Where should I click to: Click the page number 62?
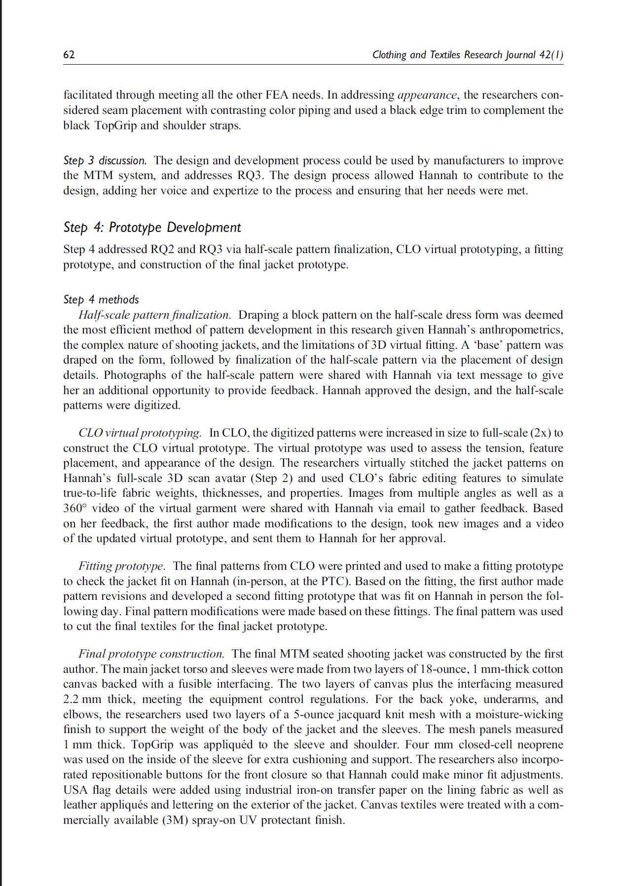69,55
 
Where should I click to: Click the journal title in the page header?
467,55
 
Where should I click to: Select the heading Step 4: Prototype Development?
152,227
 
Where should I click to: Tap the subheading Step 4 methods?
101,299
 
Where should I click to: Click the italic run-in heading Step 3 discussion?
105,160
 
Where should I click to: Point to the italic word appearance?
427,95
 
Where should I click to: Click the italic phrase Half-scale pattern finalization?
154,315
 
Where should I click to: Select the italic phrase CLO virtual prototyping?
140,433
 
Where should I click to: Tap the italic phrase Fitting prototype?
121,566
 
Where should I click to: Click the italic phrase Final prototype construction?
151,654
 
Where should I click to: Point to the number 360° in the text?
75,509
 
